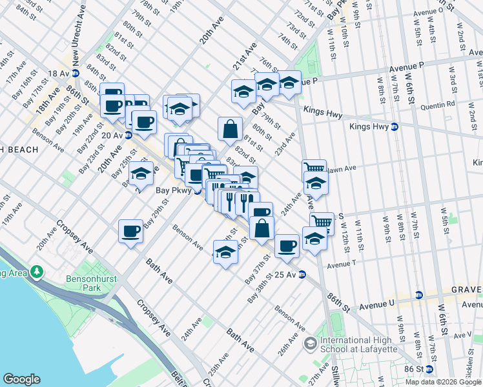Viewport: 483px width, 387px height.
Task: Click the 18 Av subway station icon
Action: [76, 73]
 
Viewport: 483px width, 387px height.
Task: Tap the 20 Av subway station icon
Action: [128, 135]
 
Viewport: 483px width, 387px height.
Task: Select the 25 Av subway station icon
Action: [302, 275]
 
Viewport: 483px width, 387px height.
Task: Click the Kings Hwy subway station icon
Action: [394, 127]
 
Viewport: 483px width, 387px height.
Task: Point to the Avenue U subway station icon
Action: [418, 295]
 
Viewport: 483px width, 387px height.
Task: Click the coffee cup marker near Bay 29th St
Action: [130, 231]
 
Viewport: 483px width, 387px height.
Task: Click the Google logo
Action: [22, 379]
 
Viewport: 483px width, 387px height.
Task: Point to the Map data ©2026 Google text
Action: [442, 382]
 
